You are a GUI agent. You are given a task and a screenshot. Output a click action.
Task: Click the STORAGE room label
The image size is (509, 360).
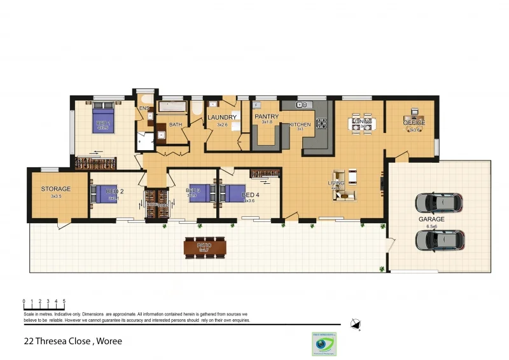tap(55, 189)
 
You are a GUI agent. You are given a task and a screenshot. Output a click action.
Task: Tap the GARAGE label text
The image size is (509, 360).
tap(431, 219)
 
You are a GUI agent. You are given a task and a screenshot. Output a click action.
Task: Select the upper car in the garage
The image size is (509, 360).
tap(440, 203)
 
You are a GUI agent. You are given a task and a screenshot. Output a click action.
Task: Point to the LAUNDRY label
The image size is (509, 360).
tap(222, 118)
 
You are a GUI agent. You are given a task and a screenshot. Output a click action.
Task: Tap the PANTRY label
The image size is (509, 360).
tap(267, 118)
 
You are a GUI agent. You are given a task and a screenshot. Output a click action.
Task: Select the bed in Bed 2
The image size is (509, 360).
tap(106, 193)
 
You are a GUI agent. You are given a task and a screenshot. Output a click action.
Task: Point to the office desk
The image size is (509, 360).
tap(414, 121)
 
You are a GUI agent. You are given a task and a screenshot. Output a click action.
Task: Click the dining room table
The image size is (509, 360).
tap(362, 123)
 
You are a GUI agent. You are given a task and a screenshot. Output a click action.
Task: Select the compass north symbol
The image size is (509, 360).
tap(356, 324)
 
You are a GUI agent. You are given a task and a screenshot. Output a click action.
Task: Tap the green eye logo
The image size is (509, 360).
tap(324, 343)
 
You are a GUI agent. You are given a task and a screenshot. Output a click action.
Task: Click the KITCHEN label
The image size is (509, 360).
tap(300, 125)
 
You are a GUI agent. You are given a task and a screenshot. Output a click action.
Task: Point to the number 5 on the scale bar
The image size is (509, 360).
tap(64, 301)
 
